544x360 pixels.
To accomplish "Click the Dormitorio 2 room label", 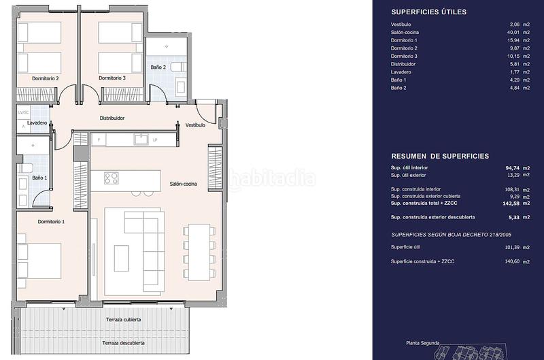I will pos(45,78).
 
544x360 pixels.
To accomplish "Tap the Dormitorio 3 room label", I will pos(112,78).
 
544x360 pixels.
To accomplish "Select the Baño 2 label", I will pos(158,68).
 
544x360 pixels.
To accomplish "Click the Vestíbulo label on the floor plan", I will pos(195,125).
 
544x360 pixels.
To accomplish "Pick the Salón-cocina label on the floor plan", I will pos(184,184).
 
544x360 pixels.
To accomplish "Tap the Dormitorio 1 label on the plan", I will pos(51,222).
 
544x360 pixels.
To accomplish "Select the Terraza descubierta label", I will pos(125,342).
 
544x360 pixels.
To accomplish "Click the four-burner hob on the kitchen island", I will pos(111,178).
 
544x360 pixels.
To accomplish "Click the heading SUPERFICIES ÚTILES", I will pos(428,12).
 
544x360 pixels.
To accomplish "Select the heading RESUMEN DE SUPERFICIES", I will pos(439,156).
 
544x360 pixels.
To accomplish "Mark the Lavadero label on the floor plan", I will pos(37,123).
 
